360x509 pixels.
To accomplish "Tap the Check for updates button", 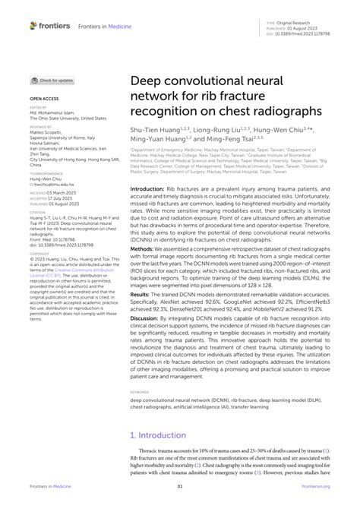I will [52, 80].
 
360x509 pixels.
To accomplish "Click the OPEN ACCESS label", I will [43, 99].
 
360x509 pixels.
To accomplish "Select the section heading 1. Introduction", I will [164, 435].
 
